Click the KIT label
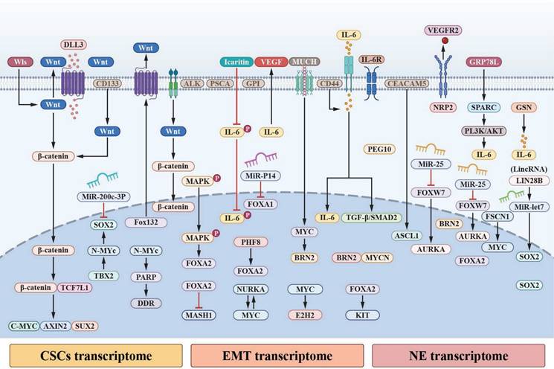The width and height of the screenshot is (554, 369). [364, 315]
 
